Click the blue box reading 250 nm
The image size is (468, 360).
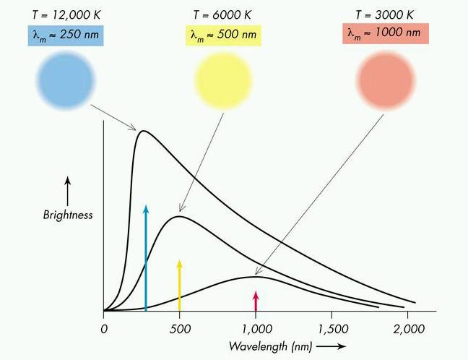click(65, 35)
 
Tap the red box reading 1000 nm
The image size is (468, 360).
click(386, 33)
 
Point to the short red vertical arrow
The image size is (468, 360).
click(255, 301)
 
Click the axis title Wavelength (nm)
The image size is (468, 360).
click(270, 346)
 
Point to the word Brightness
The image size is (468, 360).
click(67, 215)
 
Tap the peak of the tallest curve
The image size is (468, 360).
click(143, 131)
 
